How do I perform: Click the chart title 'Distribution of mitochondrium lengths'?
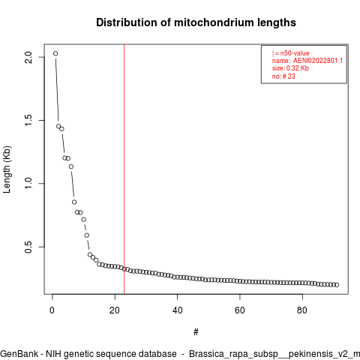coord(196,22)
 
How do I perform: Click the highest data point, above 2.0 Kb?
coord(55,53)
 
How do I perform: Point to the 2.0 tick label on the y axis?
coord(28,57)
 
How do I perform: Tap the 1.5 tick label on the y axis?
coord(28,120)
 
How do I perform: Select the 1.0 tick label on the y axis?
coord(28,184)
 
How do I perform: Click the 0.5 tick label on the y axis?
coord(28,247)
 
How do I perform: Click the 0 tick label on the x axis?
coord(52,310)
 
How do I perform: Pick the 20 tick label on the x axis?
coord(115,310)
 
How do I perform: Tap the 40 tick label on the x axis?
coord(177,310)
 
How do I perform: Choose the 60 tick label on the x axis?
coord(240,310)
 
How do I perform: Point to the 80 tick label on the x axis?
coord(302,310)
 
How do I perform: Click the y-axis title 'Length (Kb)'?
coord(7,169)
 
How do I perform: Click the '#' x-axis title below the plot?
coord(196,332)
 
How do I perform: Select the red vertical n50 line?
coord(124,169)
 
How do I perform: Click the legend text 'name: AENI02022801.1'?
coord(307,61)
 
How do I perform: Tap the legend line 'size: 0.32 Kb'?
coord(290,68)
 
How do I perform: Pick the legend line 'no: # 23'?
coord(283,76)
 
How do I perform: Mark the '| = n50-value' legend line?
coord(291,53)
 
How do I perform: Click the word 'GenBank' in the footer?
coord(19,354)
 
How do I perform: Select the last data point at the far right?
coord(337,285)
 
